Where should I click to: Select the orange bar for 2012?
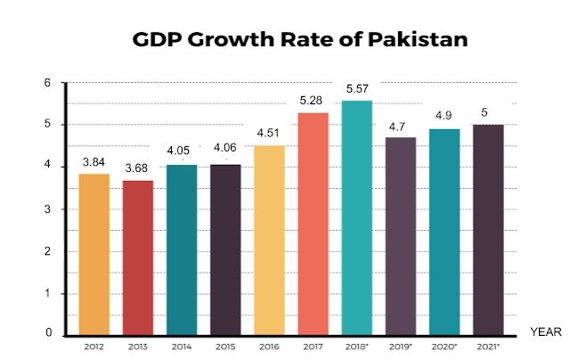(x=94, y=254)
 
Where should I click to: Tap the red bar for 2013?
(x=137, y=258)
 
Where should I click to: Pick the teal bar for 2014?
(x=182, y=250)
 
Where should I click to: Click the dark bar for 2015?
(x=225, y=250)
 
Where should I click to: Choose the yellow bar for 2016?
(x=269, y=241)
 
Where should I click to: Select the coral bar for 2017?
(x=313, y=224)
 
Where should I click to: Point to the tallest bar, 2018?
(x=356, y=218)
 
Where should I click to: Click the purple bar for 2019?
(x=401, y=236)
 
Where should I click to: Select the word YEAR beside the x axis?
(x=543, y=331)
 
